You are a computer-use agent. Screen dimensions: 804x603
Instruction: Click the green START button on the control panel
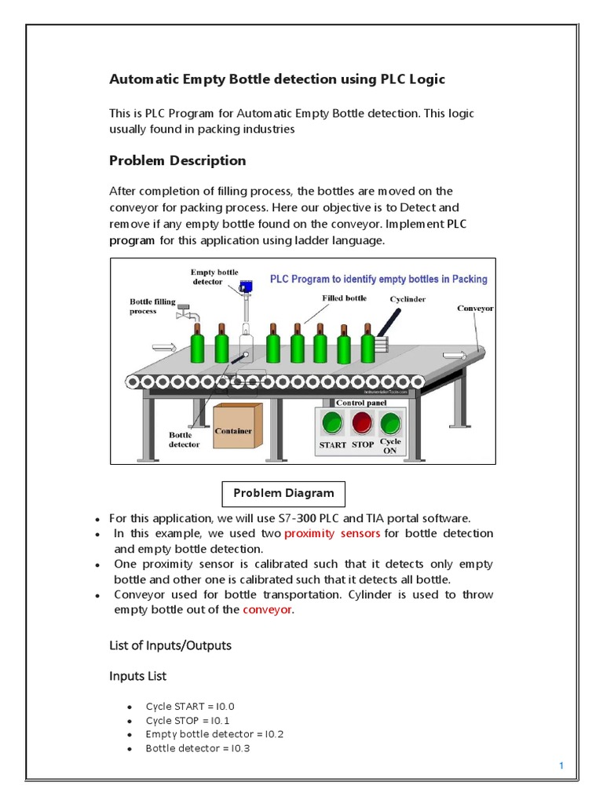(x=333, y=424)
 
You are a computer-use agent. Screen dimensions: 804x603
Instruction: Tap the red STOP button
(x=362, y=424)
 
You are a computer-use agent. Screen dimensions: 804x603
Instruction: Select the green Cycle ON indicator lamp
(x=390, y=424)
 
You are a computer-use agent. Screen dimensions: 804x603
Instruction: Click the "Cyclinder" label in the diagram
(x=409, y=299)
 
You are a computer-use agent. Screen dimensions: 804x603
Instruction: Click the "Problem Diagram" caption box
(x=283, y=494)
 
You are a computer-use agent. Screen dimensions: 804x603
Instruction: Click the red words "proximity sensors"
(x=332, y=534)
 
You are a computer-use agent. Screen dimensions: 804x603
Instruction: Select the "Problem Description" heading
(x=177, y=161)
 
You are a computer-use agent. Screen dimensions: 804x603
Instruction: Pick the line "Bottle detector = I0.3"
(x=198, y=748)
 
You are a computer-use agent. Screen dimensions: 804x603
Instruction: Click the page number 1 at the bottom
(x=562, y=766)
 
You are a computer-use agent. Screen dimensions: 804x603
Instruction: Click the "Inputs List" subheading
(x=137, y=676)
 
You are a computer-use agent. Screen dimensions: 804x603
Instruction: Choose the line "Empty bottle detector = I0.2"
(x=214, y=734)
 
